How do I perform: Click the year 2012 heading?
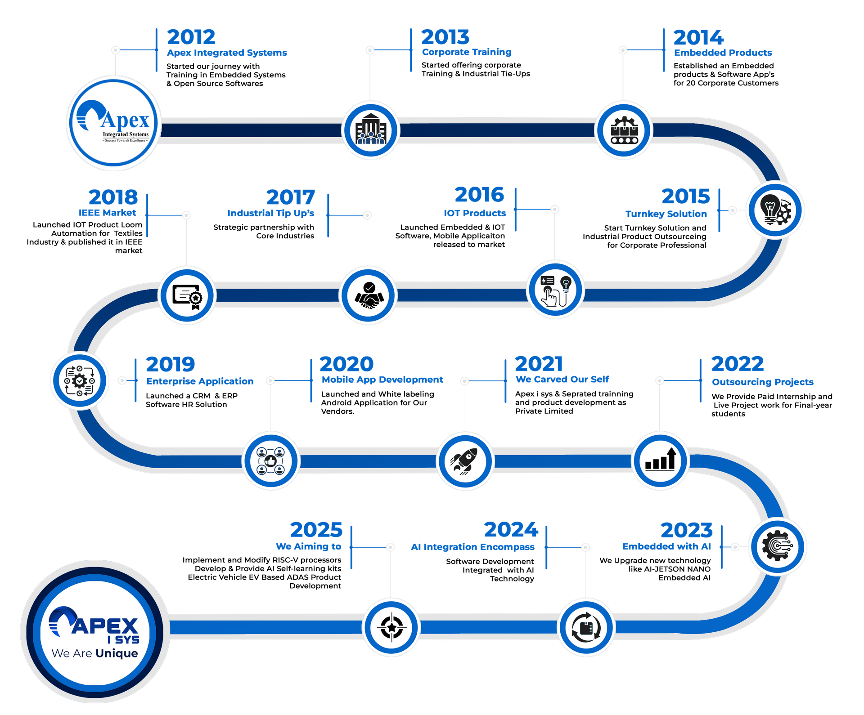click(191, 37)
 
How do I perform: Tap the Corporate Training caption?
click(467, 52)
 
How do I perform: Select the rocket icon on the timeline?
click(465, 460)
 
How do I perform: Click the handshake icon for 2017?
click(369, 295)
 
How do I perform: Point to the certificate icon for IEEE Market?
click(187, 295)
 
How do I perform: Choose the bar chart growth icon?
click(660, 460)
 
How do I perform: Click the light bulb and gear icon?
click(775, 210)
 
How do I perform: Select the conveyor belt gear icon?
click(623, 130)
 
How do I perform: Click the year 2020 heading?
click(346, 364)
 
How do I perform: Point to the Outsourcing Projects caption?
click(763, 382)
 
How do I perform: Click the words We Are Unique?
click(95, 653)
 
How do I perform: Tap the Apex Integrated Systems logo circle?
click(114, 123)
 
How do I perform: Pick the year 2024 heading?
click(511, 529)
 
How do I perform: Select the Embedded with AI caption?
click(666, 546)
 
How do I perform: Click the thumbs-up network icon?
click(271, 460)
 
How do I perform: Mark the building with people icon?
click(370, 130)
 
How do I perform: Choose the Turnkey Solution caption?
click(666, 214)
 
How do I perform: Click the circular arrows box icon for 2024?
click(586, 628)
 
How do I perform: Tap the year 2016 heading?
click(480, 195)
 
